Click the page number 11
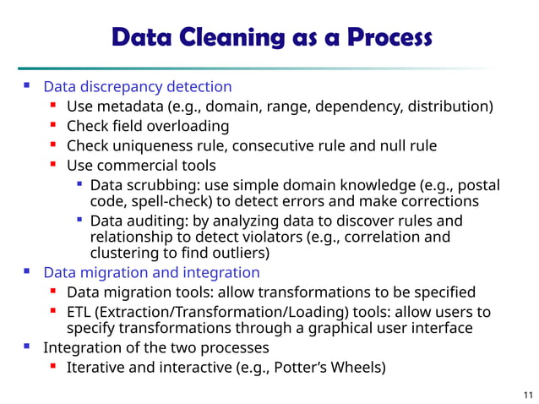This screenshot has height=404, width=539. point(529,395)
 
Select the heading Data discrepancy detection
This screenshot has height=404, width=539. point(138,86)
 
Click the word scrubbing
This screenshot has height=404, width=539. point(157,185)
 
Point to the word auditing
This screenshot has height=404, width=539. point(153,221)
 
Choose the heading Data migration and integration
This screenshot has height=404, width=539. point(151,272)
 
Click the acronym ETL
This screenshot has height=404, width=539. point(79,312)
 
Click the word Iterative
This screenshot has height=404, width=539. point(95,368)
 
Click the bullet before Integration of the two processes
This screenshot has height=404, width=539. point(27,347)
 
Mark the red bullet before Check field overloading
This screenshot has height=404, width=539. point(52,126)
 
